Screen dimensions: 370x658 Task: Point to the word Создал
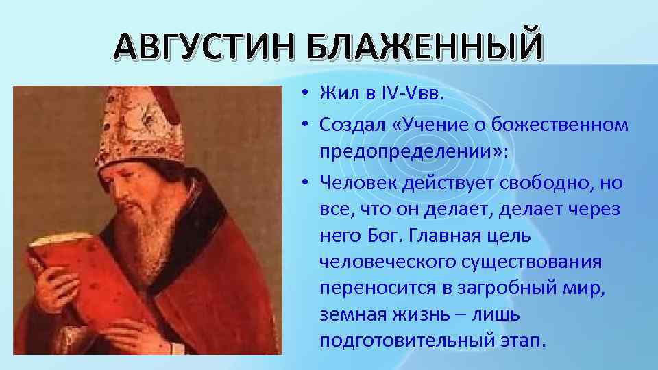point(351,124)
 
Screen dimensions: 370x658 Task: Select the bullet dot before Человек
point(302,183)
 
